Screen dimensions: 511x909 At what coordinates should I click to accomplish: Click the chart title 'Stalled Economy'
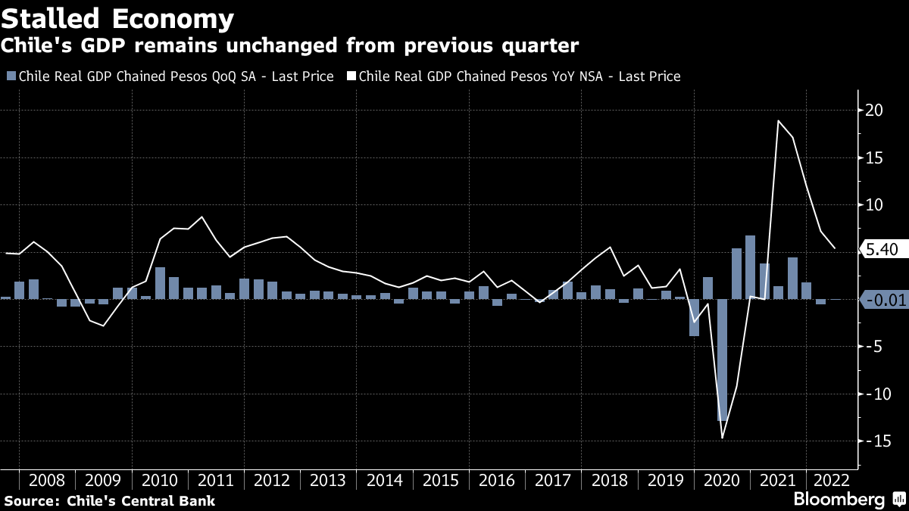(117, 18)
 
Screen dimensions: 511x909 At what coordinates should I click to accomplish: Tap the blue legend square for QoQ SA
(10, 76)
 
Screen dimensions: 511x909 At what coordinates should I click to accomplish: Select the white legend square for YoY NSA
(351, 76)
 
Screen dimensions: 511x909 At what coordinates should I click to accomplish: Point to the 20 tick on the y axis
(874, 111)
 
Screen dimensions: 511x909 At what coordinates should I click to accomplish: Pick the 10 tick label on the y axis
(874, 205)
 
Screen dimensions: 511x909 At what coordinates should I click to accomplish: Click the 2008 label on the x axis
(47, 480)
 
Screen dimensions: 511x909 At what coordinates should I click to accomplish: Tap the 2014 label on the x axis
(384, 480)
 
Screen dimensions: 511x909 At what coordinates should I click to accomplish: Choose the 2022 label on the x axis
(830, 480)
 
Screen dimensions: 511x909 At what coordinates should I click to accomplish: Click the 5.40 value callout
(882, 248)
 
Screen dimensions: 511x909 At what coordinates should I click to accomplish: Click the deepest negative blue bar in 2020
(722, 360)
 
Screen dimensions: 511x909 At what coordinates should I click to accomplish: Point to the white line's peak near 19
(779, 121)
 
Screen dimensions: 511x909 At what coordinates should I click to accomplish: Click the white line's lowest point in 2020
(722, 438)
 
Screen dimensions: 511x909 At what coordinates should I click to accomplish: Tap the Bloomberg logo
(839, 500)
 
